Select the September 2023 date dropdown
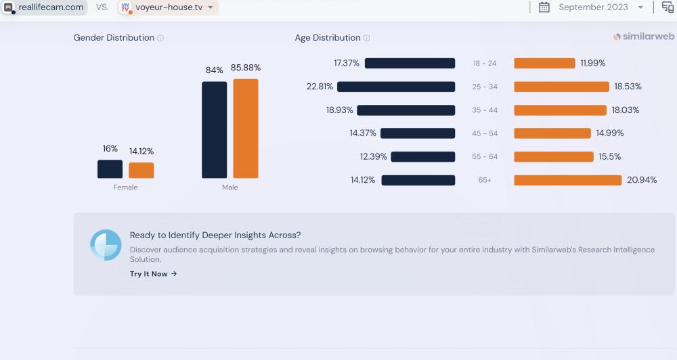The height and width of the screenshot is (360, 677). [600, 7]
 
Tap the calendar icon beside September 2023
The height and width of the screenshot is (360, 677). [544, 7]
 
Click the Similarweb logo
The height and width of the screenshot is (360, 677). [643, 37]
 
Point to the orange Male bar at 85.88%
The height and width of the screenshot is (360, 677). [246, 129]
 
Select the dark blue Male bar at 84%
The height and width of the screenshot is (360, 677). [214, 130]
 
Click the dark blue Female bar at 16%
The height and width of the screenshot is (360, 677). [110, 169]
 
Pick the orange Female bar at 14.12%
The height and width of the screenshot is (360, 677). [141, 171]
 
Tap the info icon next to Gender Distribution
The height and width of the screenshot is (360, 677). [160, 39]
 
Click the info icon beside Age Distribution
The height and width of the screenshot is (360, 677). [366, 39]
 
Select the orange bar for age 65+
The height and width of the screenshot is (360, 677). [567, 180]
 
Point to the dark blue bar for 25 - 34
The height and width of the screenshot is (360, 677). [396, 87]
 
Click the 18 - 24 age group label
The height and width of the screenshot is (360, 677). [485, 64]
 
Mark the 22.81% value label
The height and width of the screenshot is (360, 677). [320, 87]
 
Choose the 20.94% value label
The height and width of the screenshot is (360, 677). [642, 180]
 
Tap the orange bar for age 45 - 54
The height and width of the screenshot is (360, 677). [552, 133]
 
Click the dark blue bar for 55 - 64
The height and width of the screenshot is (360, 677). [423, 157]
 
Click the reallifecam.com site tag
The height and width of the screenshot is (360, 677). [45, 7]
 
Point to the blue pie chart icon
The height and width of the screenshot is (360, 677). [106, 245]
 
